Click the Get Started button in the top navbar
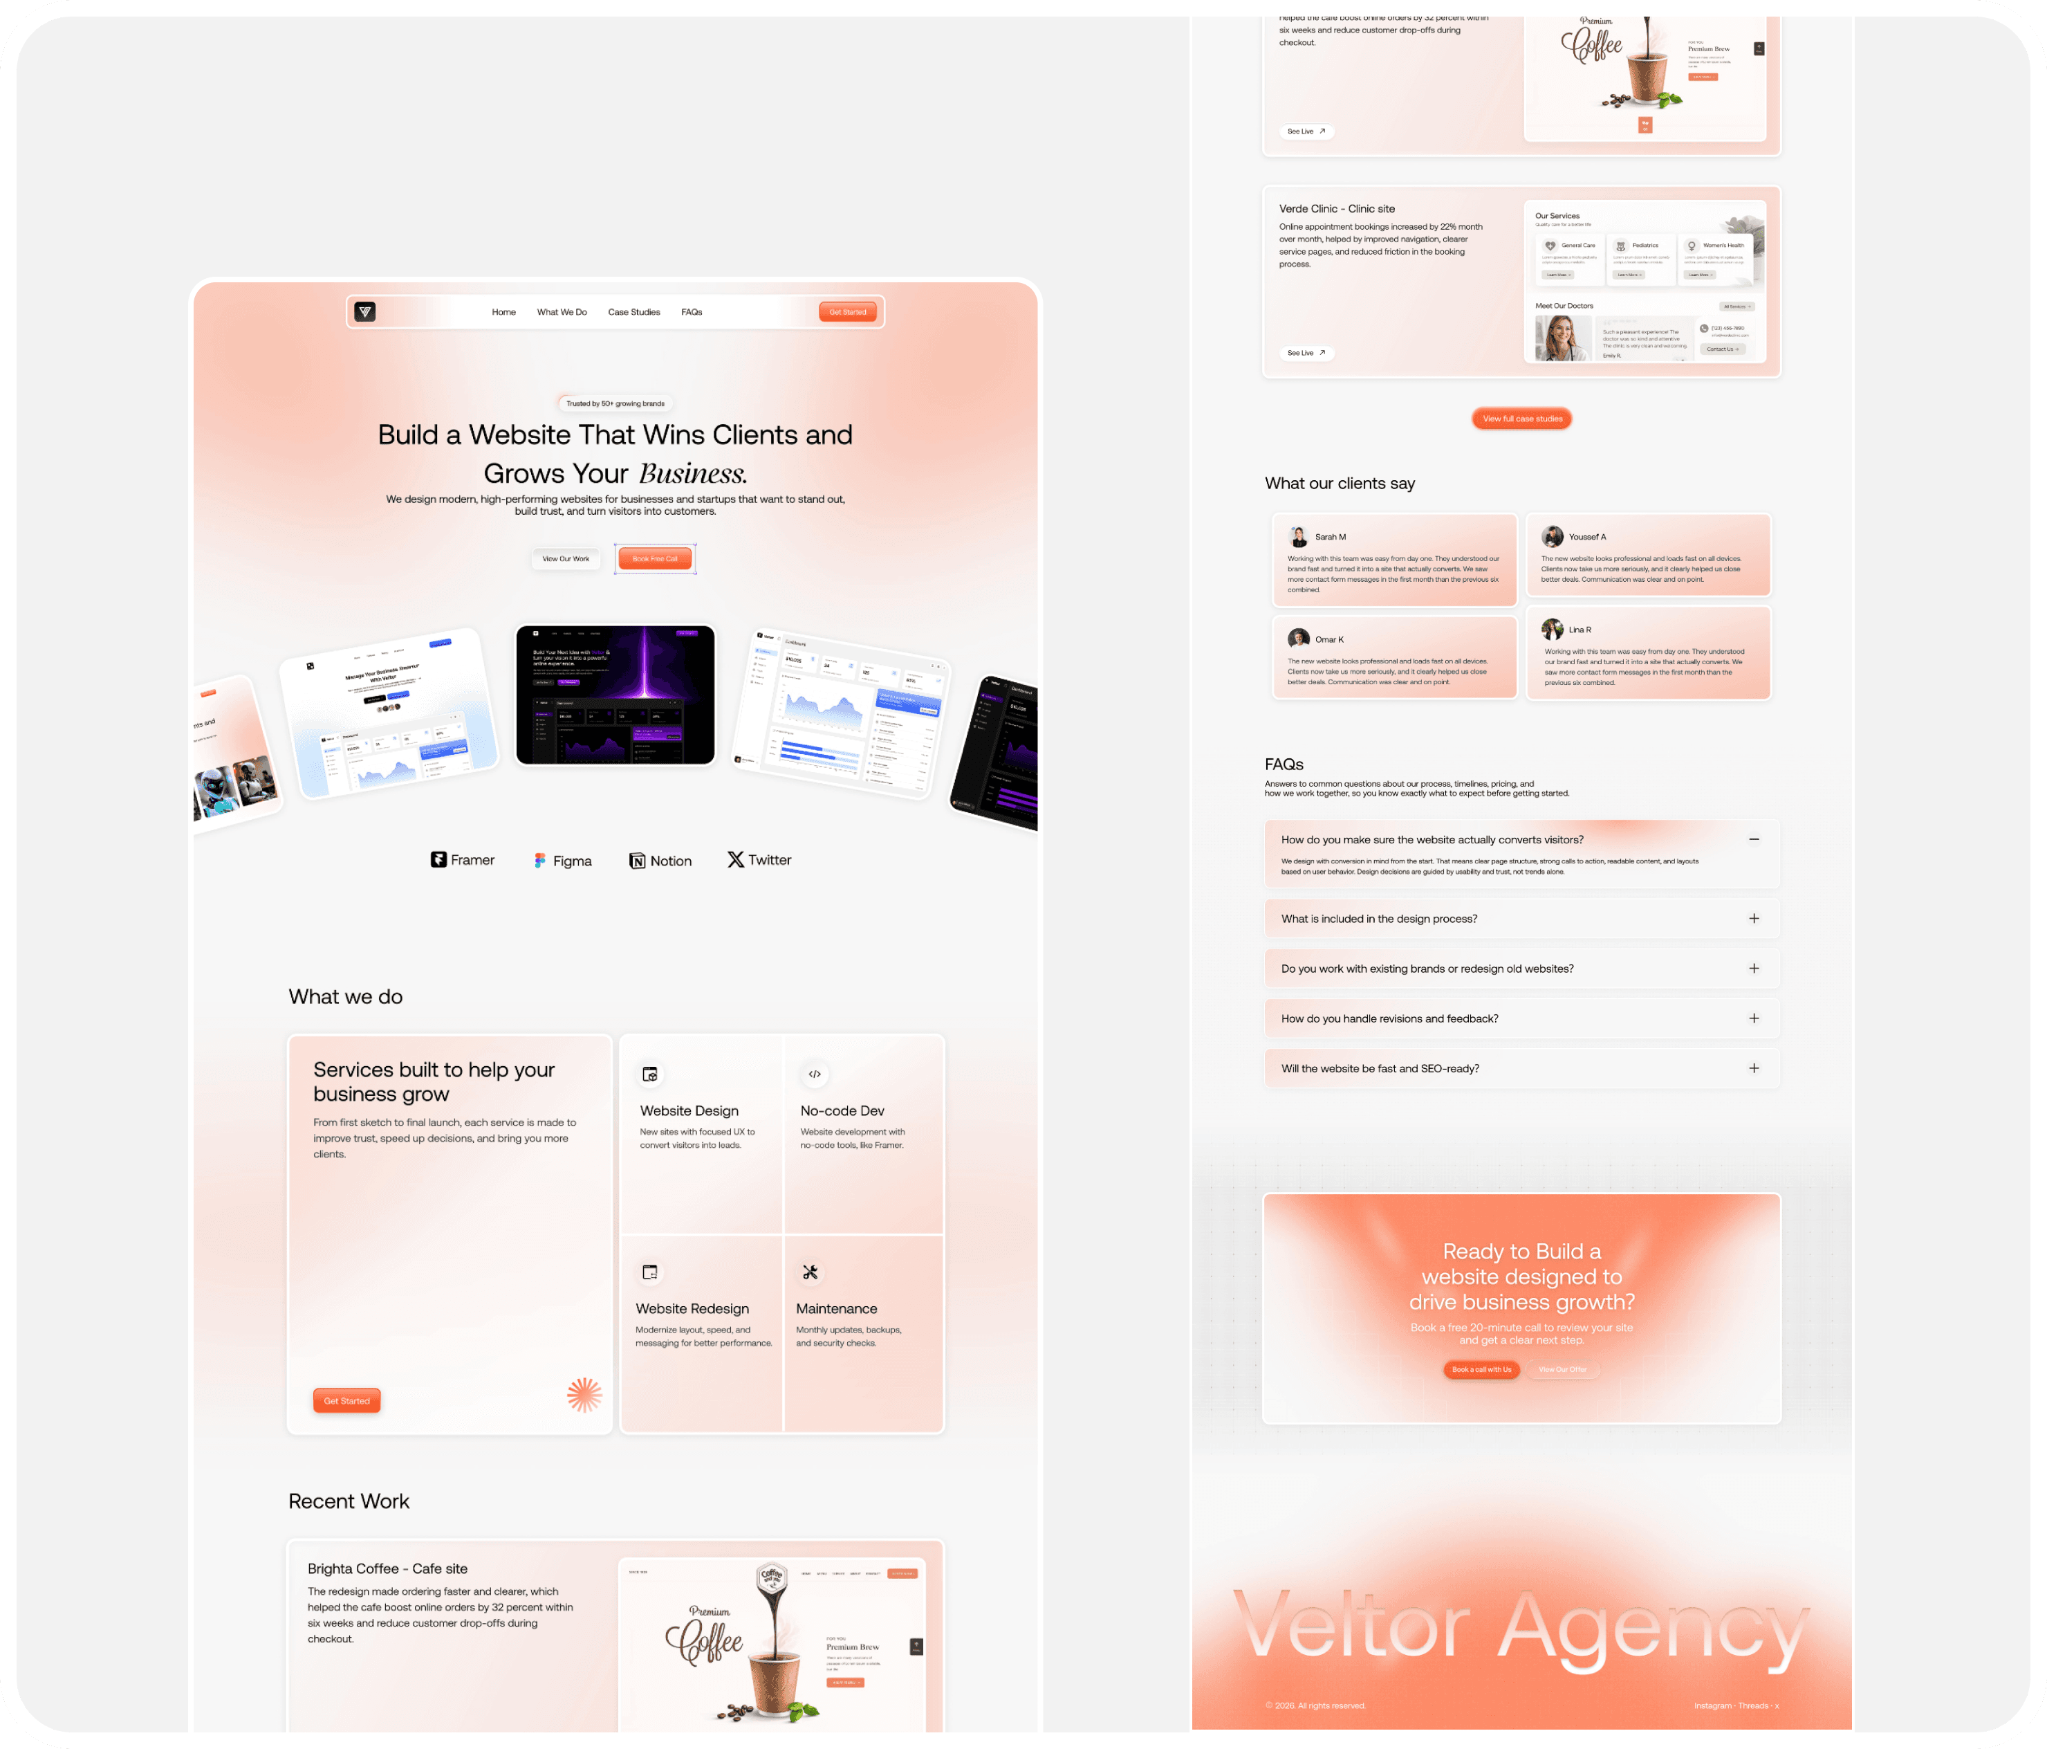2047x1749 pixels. pos(846,312)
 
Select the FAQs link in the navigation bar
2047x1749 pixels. pos(692,312)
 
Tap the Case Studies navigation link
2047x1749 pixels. pos(633,312)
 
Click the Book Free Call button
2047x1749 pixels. pos(655,559)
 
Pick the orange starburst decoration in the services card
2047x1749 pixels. pos(584,1394)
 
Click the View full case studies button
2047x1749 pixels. pos(1521,419)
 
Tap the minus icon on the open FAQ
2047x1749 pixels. pos(1754,840)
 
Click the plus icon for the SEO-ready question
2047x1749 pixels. pos(1754,1068)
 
